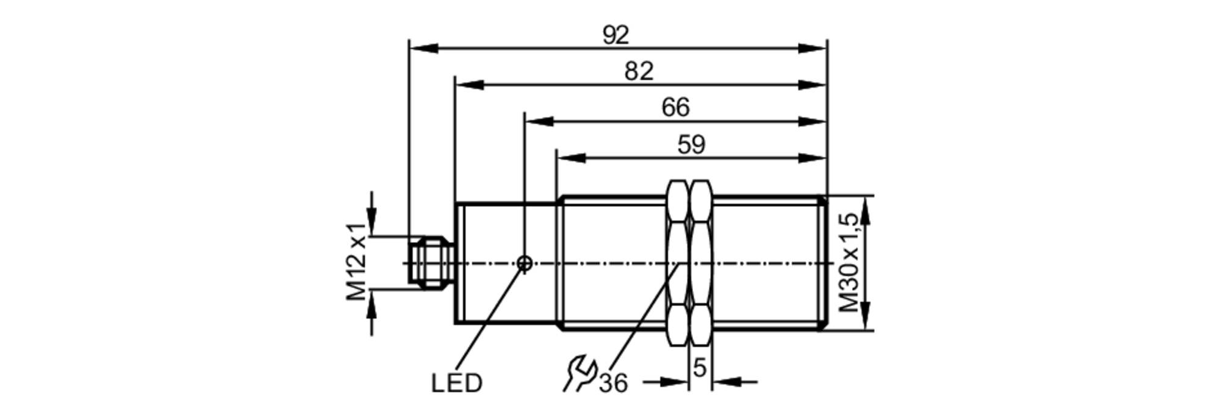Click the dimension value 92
tap(615, 35)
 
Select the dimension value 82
tap(639, 71)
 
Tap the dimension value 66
tap(675, 108)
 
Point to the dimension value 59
tap(691, 145)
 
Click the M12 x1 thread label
tap(357, 262)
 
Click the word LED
tap(456, 384)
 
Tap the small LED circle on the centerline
tap(524, 263)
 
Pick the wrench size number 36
tap(613, 384)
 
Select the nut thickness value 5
tap(700, 368)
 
